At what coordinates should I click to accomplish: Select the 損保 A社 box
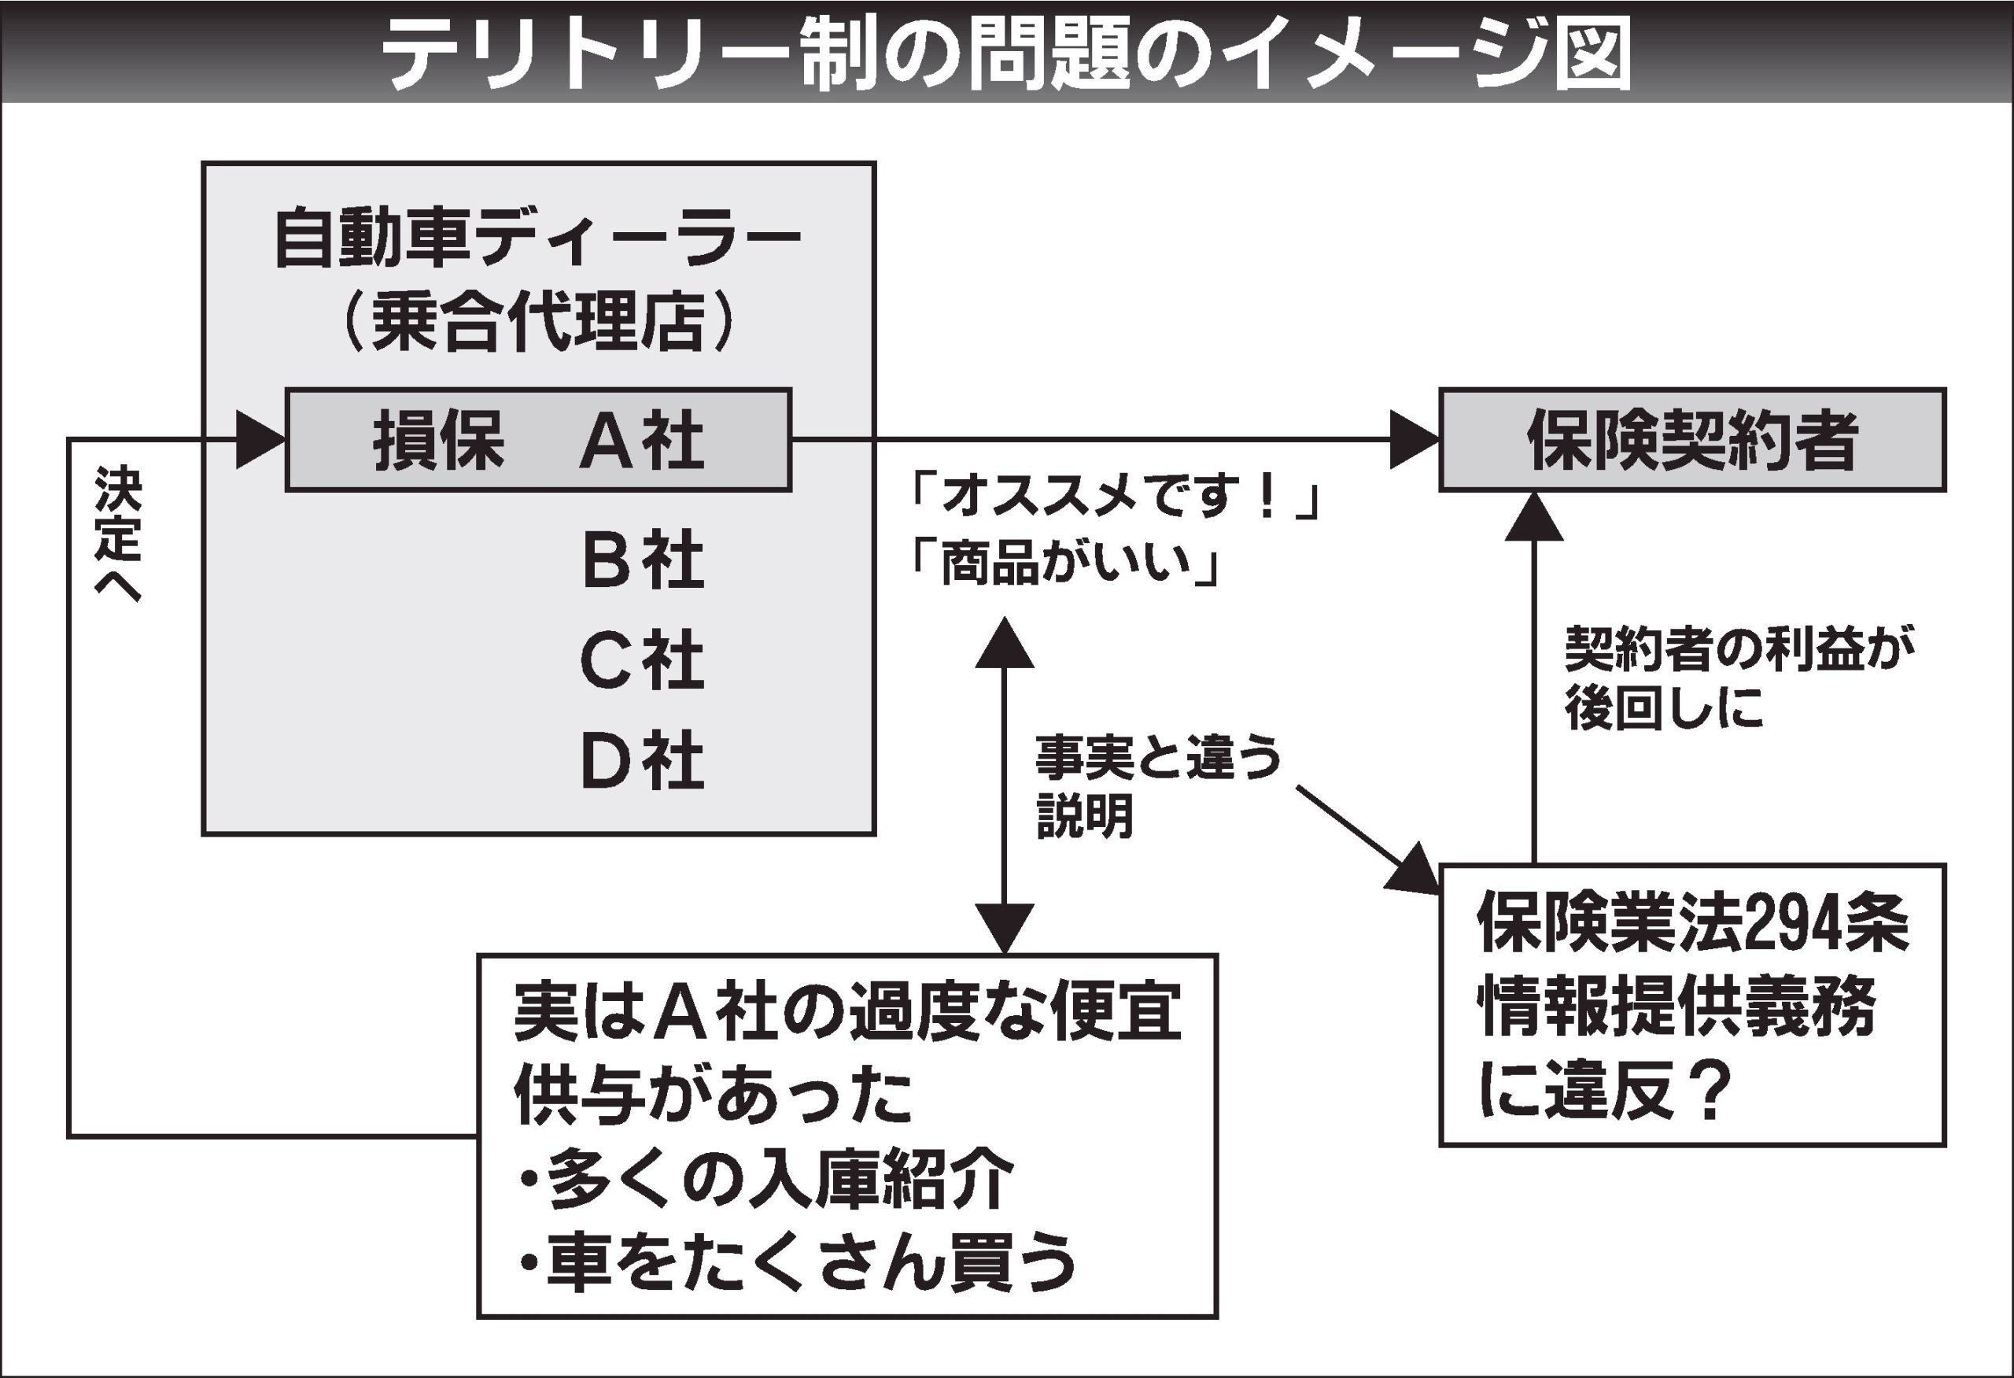538,440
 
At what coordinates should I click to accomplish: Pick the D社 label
642,760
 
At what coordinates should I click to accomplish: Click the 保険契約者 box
1692,440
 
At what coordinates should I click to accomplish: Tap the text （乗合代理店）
538,323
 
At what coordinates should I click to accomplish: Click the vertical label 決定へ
118,534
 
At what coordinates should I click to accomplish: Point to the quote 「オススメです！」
1113,500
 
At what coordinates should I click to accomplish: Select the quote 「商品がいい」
1064,565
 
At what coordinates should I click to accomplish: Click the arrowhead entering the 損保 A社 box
260,440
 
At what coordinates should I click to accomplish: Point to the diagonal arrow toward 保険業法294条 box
1369,840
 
